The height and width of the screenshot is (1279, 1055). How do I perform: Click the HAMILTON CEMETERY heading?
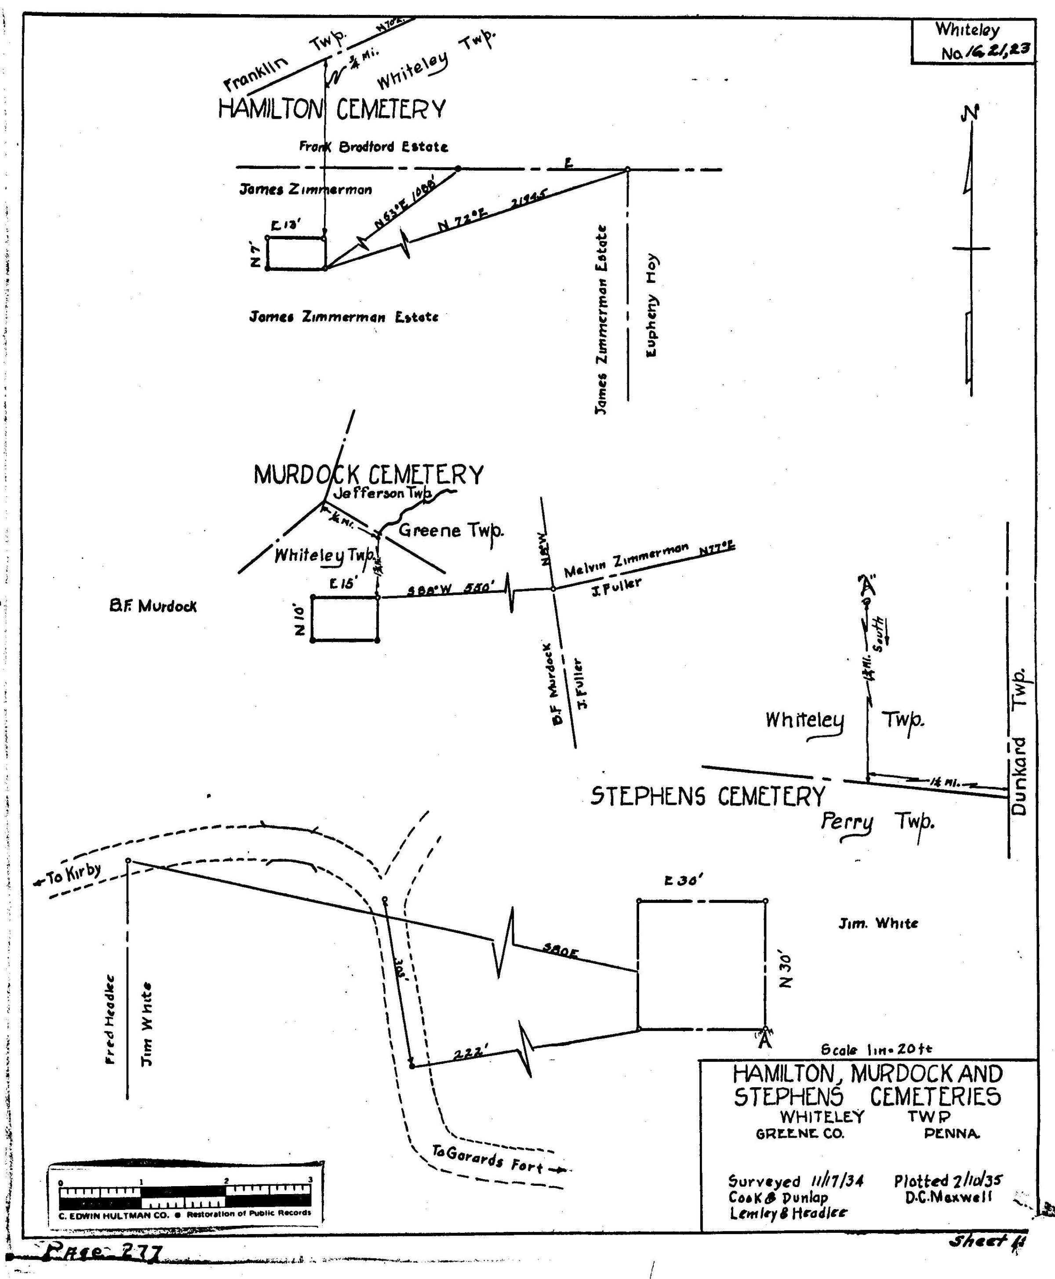point(332,110)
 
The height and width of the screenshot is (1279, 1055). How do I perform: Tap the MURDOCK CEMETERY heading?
point(368,475)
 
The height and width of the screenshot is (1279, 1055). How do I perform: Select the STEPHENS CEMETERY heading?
point(708,797)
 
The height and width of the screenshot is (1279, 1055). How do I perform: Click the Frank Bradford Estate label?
point(373,146)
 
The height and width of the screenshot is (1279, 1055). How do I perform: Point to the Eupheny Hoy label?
point(651,305)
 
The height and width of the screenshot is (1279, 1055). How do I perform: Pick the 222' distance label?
point(472,1053)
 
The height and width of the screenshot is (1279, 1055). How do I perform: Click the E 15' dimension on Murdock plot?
point(341,584)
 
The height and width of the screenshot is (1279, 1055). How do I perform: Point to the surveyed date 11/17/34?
point(837,1181)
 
